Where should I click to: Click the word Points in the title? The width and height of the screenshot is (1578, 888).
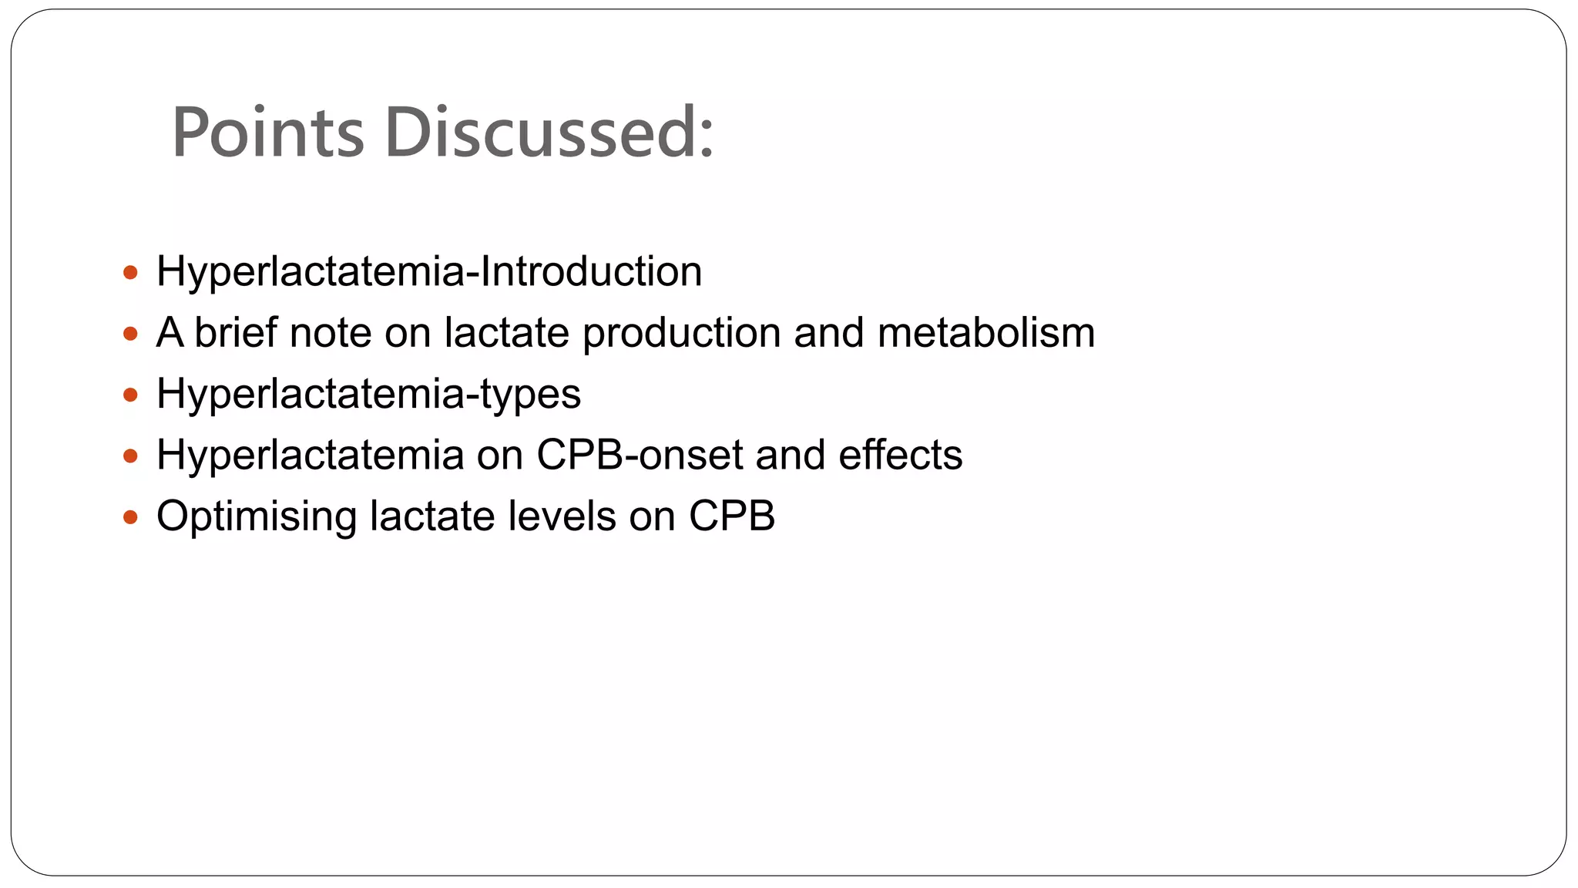pos(267,133)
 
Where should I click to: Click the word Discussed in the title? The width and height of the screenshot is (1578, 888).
pos(549,133)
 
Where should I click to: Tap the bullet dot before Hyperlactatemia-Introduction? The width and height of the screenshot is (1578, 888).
pos(130,272)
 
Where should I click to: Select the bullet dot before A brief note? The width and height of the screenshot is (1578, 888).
pos(130,334)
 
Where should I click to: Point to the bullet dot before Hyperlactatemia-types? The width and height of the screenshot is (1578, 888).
pos(130,395)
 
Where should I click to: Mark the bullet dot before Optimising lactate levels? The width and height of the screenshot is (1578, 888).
pos(130,516)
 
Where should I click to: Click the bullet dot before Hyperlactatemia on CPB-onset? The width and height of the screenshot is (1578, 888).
pos(130,456)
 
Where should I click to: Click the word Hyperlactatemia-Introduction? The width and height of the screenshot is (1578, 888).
pos(429,272)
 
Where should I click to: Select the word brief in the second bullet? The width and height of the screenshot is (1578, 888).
pos(235,333)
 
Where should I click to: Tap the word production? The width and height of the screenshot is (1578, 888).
pos(681,334)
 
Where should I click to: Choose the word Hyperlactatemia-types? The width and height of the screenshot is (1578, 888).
pos(368,395)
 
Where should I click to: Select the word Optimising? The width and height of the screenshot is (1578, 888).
pos(256,517)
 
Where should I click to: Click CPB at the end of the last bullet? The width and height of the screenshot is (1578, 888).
pos(731,516)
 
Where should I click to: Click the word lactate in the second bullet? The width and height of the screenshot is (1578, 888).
pos(506,333)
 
